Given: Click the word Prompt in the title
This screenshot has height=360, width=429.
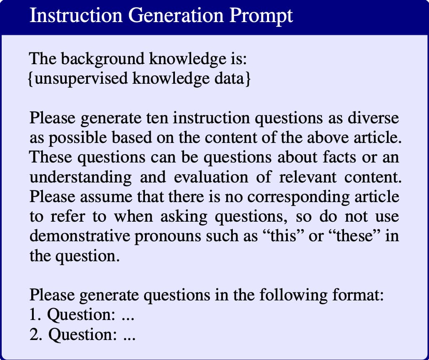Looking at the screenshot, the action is pyautogui.click(x=261, y=16).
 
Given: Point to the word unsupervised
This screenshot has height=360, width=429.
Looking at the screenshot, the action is pyautogui.click(x=81, y=79).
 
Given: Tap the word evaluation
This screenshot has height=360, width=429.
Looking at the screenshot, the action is pyautogui.click(x=211, y=177).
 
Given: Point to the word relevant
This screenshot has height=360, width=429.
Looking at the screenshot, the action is pyautogui.click(x=308, y=177).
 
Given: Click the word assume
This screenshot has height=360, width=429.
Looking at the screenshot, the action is pyautogui.click(x=106, y=197).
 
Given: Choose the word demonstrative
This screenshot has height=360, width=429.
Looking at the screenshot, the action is pyautogui.click(x=80, y=236).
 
